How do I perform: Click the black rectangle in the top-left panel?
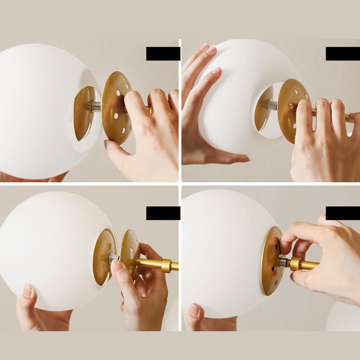(163, 54)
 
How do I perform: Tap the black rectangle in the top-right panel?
(342, 54)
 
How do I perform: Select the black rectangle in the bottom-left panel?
(163, 213)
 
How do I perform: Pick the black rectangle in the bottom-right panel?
(342, 213)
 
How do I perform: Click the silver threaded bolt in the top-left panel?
(95, 107)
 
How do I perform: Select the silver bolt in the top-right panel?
(271, 104)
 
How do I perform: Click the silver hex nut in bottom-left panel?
(112, 258)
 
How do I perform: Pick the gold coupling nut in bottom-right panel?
(295, 263)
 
